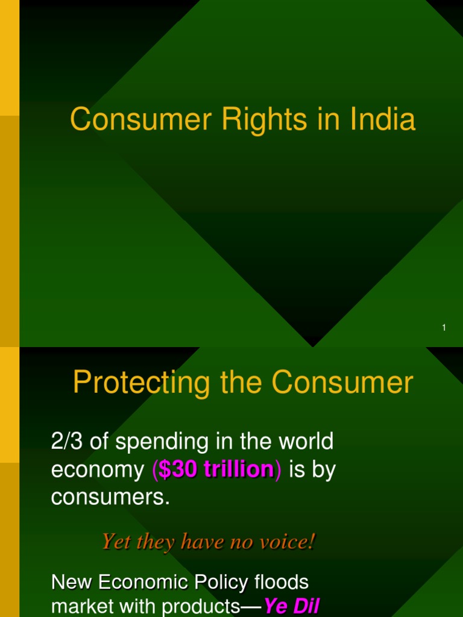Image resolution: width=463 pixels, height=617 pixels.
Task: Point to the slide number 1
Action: tap(444, 327)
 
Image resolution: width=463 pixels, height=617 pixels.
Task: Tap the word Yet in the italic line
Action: tap(115, 542)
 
